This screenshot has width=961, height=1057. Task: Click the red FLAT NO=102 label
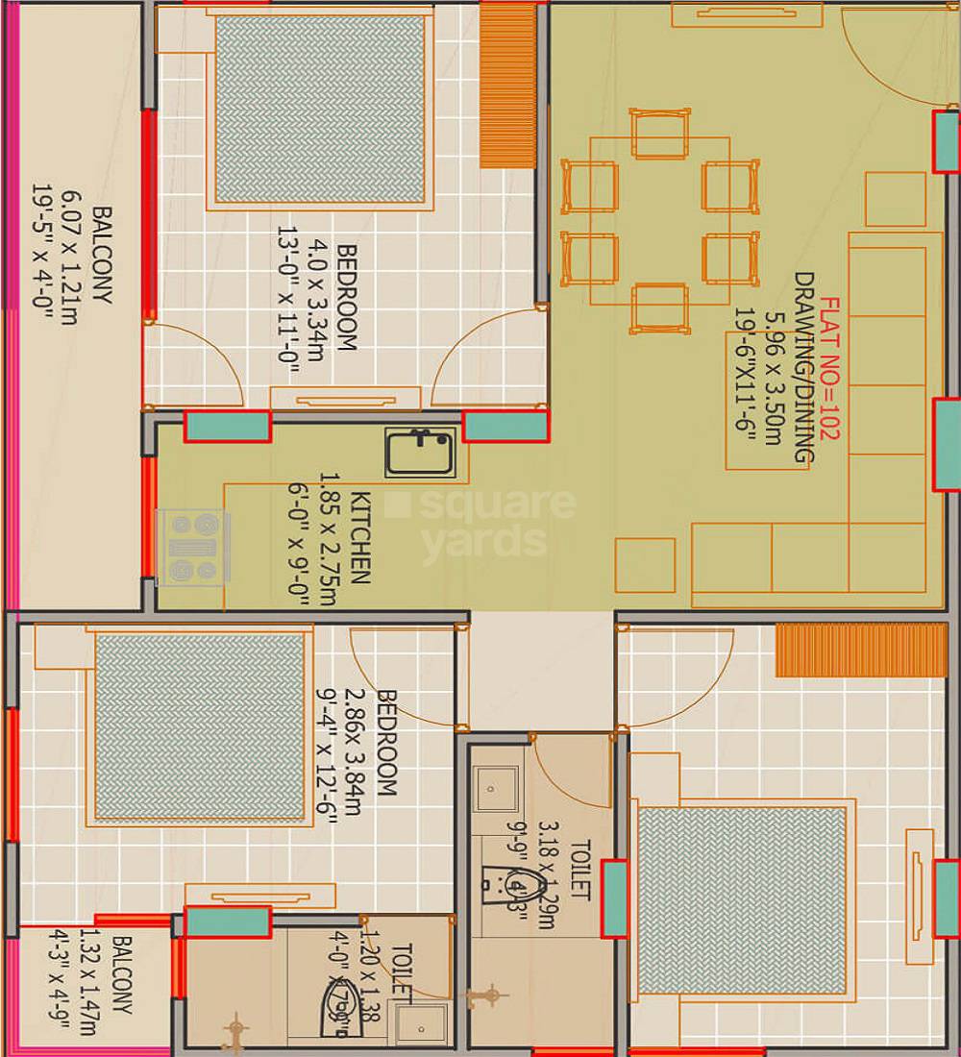click(827, 369)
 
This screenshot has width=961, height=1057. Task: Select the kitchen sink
click(420, 453)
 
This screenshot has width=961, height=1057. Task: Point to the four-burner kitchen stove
click(193, 547)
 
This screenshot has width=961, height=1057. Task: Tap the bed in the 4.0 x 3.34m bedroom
click(319, 109)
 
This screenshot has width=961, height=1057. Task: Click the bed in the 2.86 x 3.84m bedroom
click(199, 726)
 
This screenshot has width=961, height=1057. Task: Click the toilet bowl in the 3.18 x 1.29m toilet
click(501, 884)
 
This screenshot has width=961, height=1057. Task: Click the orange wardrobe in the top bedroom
click(507, 85)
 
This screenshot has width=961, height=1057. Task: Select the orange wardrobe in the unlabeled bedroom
click(861, 650)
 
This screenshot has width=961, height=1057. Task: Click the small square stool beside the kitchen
click(645, 565)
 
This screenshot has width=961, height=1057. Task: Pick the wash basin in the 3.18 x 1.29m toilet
click(495, 789)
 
